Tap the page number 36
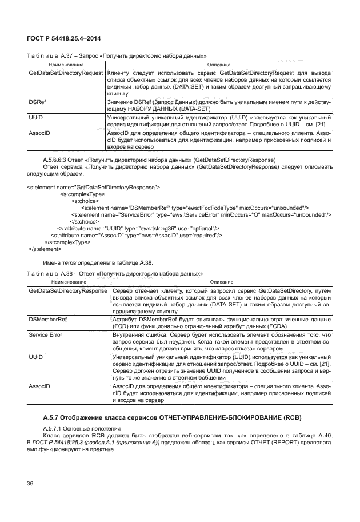[31, 484]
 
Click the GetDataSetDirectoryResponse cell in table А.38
[67, 291]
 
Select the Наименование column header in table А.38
[69, 282]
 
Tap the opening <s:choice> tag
[83, 201]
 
